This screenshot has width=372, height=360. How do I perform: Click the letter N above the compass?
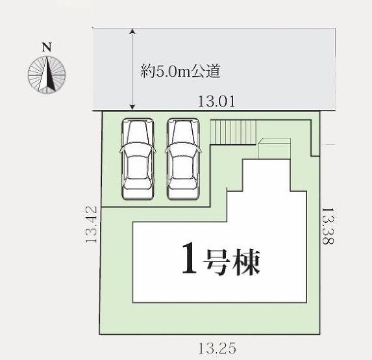[47, 47]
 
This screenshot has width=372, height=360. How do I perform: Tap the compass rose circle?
[47, 75]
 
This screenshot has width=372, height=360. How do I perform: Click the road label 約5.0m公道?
[180, 71]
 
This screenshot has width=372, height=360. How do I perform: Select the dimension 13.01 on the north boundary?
[216, 101]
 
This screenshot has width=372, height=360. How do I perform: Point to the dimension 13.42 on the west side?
[92, 224]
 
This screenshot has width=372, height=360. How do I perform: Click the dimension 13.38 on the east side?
[328, 226]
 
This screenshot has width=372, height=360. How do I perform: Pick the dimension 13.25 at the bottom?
[217, 348]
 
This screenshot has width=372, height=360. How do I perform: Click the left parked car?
[138, 159]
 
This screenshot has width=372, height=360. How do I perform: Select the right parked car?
[183, 159]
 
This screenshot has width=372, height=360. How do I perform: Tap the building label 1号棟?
[221, 262]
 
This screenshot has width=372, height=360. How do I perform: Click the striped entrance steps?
[234, 132]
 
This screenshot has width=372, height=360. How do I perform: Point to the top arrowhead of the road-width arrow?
[133, 31]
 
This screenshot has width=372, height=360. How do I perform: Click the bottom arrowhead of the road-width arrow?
[133, 107]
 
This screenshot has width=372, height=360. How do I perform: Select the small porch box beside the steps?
[274, 149]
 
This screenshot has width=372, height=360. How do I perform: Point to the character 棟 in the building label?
[247, 262]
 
